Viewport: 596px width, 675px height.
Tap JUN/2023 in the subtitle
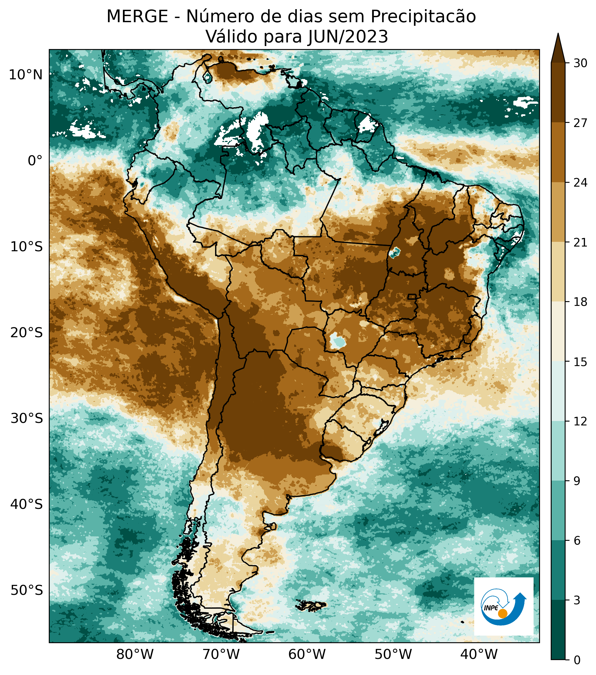pyautogui.click(x=348, y=37)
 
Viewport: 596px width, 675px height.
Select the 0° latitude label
pyautogui.click(x=35, y=161)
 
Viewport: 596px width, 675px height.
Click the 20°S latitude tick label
pyautogui.click(x=26, y=333)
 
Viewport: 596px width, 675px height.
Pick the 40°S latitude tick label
pyautogui.click(x=26, y=504)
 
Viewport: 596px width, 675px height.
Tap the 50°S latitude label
pyautogui.click(x=26, y=590)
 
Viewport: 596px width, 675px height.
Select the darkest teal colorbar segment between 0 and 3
pyautogui.click(x=558, y=630)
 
